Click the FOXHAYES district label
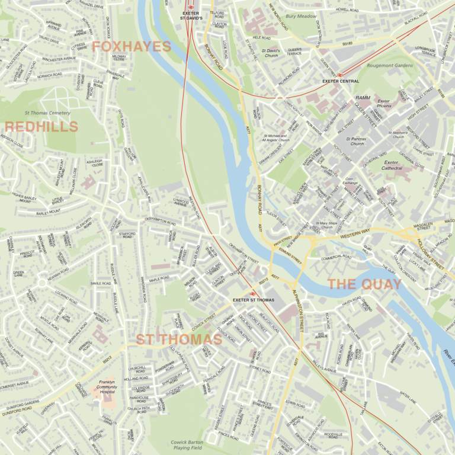click(x=131, y=46)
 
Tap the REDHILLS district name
click(x=41, y=127)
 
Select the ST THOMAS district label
click(x=171, y=339)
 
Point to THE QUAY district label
click(x=364, y=284)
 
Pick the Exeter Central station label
click(x=341, y=81)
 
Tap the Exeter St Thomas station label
click(x=254, y=300)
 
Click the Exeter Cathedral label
click(x=391, y=165)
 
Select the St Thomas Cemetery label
click(x=47, y=113)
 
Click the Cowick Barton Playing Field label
click(x=187, y=445)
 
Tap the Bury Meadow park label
click(x=301, y=17)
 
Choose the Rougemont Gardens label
click(x=389, y=65)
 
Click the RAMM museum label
click(x=363, y=97)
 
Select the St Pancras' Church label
click(x=357, y=140)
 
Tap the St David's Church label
click(x=270, y=54)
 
